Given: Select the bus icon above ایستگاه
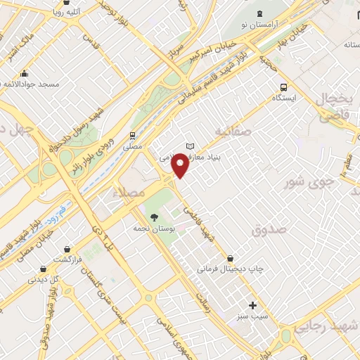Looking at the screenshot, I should pos(283,88).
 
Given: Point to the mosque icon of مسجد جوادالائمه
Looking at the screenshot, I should pos(25,74).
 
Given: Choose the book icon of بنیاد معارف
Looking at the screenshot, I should pos(188,146).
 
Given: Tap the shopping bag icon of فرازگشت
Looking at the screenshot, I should pos(67,248).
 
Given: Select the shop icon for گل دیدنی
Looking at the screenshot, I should pos(44,268).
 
